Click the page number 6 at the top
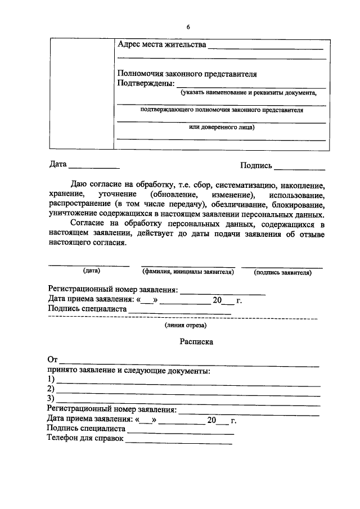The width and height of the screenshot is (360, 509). coord(188,27)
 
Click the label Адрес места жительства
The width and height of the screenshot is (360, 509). coord(161,44)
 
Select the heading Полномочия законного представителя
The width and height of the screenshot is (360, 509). coord(186,74)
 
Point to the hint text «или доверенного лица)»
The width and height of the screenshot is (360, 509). coord(221,128)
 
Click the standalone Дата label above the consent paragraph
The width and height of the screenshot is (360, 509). coord(58,165)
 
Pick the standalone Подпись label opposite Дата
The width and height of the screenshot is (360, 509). coord(256,165)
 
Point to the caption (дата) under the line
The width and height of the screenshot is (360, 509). coord(91,271)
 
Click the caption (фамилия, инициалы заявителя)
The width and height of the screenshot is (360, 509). coord(188,272)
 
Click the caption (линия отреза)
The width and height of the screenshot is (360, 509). coord(186,325)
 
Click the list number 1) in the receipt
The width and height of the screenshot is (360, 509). coord(51,380)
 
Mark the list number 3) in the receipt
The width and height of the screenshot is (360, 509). coord(51,399)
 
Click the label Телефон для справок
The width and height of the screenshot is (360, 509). coord(85,439)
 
